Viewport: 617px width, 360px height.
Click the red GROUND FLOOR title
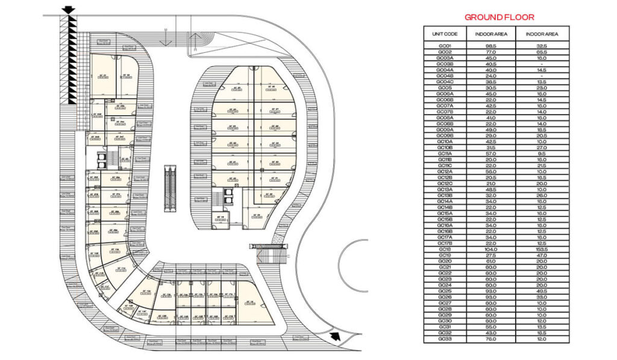pyautogui.click(x=496, y=17)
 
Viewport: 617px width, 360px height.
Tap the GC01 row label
pyautogui.click(x=445, y=46)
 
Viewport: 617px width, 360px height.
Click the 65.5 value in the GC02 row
pyautogui.click(x=542, y=52)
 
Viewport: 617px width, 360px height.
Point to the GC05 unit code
pyautogui.click(x=445, y=87)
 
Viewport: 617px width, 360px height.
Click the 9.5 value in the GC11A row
pyautogui.click(x=542, y=153)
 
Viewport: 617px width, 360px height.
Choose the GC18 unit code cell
pyautogui.click(x=445, y=249)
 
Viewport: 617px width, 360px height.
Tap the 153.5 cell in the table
pyautogui.click(x=542, y=249)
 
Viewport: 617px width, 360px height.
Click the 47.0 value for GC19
pyautogui.click(x=542, y=255)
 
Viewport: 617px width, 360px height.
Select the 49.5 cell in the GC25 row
pyautogui.click(x=542, y=291)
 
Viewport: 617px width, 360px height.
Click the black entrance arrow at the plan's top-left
pyautogui.click(x=68, y=9)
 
